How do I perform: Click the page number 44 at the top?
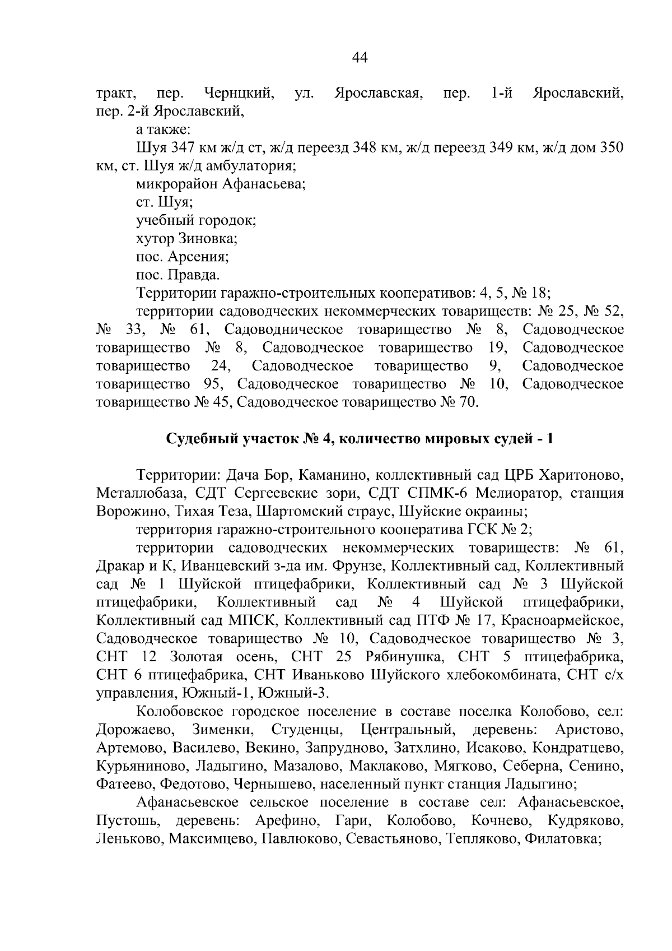pos(360,57)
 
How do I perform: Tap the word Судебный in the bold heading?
pos(199,439)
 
